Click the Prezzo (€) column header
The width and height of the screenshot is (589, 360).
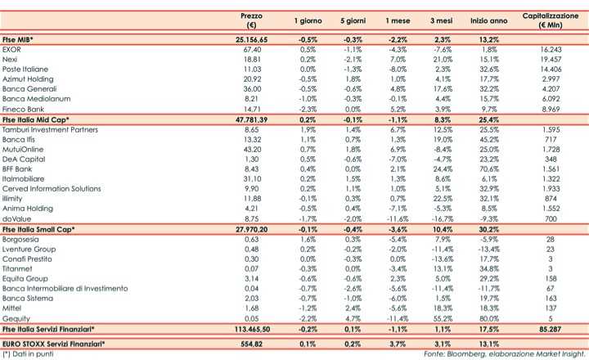[251, 20]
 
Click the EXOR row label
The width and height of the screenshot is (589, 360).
[12, 49]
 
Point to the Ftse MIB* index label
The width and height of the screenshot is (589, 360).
[21, 38]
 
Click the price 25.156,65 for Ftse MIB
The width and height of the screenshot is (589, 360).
[252, 38]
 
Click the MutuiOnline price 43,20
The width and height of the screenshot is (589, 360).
[252, 151]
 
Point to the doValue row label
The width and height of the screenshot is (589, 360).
[17, 219]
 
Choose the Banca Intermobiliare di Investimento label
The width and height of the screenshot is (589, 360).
[65, 288]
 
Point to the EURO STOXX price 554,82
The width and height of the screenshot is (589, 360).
[252, 344]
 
